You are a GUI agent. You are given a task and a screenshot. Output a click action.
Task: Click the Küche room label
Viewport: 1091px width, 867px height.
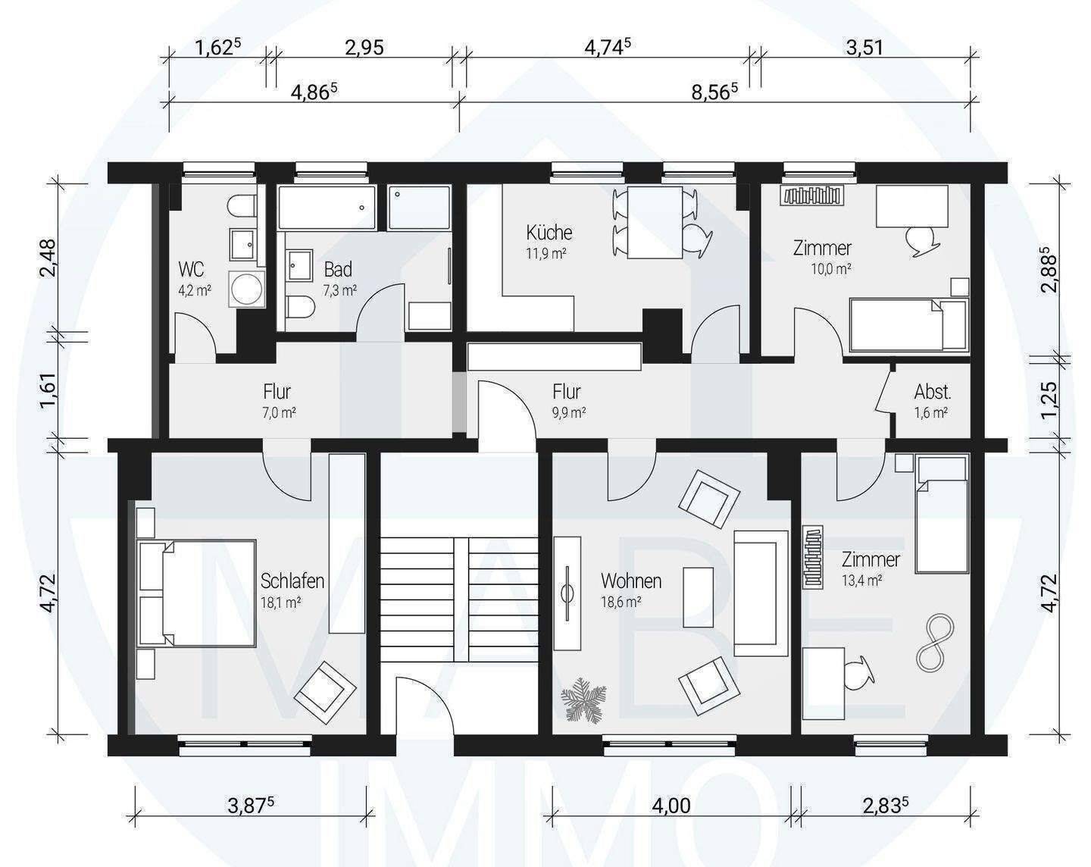point(549,233)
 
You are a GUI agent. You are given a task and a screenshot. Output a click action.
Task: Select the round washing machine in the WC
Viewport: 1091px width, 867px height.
point(247,289)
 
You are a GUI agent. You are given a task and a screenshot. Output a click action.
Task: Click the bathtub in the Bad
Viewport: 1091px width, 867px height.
point(327,207)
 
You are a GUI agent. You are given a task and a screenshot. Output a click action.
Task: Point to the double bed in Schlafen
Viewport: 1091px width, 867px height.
point(197,593)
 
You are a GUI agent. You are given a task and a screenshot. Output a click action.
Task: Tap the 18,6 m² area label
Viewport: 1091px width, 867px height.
point(621,603)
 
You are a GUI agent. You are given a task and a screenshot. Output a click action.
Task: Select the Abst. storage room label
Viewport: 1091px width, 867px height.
point(933,392)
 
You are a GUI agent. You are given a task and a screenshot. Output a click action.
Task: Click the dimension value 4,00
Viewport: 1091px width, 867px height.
point(671,805)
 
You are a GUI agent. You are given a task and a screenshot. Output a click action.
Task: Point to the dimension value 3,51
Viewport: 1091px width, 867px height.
point(864,48)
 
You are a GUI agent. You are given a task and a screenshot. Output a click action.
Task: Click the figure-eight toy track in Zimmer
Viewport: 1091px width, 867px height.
point(936,641)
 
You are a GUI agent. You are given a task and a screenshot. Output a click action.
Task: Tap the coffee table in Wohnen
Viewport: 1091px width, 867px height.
point(698,597)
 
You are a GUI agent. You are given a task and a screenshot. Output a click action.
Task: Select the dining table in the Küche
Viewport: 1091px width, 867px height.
point(654,223)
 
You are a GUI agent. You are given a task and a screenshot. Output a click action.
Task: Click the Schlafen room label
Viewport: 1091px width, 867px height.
point(292,581)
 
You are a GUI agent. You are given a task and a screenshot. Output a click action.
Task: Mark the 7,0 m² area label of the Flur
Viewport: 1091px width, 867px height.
point(279,412)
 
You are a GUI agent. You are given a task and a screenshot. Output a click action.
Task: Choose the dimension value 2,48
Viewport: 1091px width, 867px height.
point(48,257)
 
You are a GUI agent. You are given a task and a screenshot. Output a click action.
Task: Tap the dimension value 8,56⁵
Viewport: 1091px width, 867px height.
point(714,92)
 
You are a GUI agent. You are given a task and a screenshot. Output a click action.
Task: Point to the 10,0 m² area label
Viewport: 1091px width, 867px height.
point(830,269)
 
